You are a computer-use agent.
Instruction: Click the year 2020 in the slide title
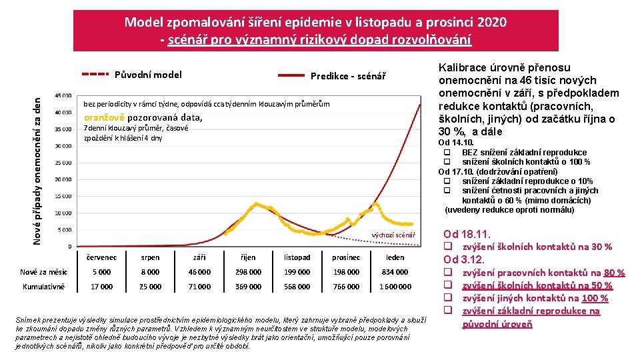point(491,22)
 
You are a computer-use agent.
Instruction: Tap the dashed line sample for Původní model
point(95,75)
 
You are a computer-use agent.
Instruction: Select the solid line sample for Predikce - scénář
point(291,76)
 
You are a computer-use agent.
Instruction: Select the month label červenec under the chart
point(102,257)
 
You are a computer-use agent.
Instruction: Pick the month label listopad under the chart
point(297,257)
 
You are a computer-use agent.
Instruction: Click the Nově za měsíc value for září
point(199,272)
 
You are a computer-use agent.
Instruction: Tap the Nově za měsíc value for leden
point(395,272)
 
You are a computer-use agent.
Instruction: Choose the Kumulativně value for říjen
point(248,287)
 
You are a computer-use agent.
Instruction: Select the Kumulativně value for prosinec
point(346,287)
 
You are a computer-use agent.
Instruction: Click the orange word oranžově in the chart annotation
point(103,118)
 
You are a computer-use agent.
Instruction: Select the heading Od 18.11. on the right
point(467,234)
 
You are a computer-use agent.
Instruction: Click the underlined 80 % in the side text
point(613,273)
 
